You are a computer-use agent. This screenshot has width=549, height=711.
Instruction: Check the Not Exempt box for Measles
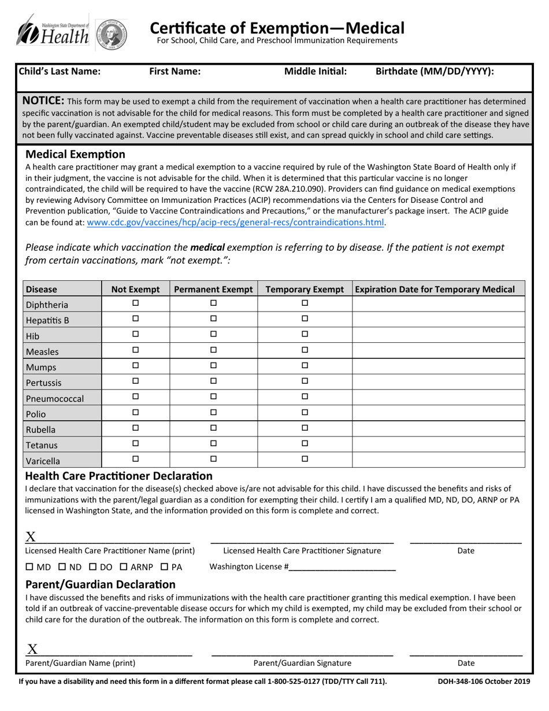point(136,350)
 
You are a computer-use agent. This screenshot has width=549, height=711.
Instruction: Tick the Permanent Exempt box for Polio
point(213,412)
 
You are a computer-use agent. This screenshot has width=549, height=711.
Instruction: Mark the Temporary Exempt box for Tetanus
point(305,443)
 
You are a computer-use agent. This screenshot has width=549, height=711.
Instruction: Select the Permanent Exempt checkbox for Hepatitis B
point(213,319)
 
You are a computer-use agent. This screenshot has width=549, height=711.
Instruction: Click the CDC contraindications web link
point(235,223)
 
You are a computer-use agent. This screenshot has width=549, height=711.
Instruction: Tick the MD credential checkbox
point(30,567)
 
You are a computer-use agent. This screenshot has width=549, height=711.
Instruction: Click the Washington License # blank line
point(342,568)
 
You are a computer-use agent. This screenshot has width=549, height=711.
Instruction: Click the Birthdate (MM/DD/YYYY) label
point(435,72)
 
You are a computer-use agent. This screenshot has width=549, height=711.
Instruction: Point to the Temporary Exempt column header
point(305,289)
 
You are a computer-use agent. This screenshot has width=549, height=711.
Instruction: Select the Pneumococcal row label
point(55,398)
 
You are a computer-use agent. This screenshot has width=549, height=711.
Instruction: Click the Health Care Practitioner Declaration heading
point(118,476)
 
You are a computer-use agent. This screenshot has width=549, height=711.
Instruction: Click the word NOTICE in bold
point(43,101)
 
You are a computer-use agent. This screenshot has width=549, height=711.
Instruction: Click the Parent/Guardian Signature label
point(302,663)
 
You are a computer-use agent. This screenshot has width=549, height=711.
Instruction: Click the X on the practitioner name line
point(31,536)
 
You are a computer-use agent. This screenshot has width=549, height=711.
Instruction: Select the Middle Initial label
point(316,72)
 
